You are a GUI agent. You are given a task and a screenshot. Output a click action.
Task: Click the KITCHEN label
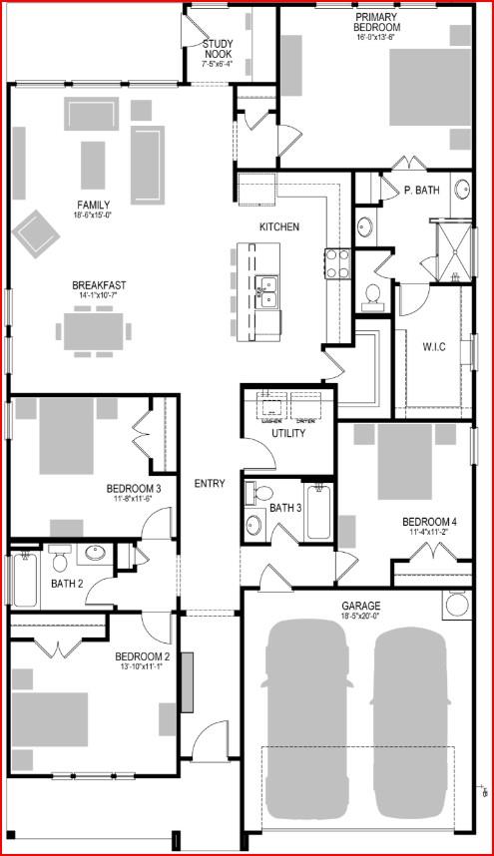pos(278,227)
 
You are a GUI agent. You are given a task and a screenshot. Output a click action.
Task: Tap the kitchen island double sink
pos(265,290)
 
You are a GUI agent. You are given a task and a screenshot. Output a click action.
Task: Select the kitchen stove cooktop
pos(336,262)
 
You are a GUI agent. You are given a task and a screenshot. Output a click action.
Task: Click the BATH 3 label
pos(285,508)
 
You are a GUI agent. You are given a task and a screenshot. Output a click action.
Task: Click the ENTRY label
pos(210,484)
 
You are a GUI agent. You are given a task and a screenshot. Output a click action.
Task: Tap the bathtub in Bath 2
pos(25,582)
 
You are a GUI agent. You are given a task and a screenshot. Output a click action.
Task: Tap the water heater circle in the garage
pos(456,604)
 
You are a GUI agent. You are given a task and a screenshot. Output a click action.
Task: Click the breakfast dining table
pos(97,330)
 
